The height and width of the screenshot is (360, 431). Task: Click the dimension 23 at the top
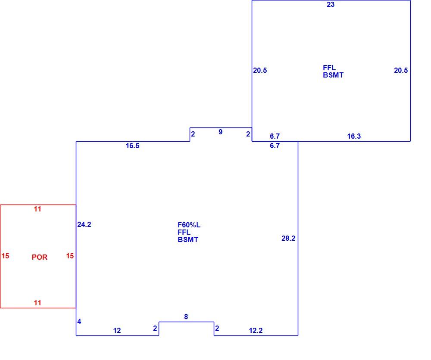click(x=331, y=4)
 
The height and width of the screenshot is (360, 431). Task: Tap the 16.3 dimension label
click(x=354, y=136)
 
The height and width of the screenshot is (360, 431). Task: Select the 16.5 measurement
click(x=132, y=146)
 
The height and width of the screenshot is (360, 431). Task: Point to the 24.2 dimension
click(x=84, y=225)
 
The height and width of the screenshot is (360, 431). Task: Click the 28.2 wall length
click(x=288, y=239)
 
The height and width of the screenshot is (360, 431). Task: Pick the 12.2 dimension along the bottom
click(x=256, y=330)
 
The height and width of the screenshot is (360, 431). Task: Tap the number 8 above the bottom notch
click(x=186, y=317)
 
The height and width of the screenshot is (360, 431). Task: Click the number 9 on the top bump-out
click(x=220, y=132)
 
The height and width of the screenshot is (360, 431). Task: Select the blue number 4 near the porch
click(x=79, y=322)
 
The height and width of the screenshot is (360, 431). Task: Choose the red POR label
click(x=40, y=257)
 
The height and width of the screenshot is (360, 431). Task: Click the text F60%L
click(x=189, y=225)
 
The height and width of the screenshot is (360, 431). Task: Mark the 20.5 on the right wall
click(x=401, y=71)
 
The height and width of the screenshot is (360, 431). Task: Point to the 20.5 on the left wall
click(x=260, y=71)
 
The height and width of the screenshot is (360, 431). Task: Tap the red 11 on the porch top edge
click(x=37, y=209)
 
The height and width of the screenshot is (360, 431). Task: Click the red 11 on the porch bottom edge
click(x=37, y=303)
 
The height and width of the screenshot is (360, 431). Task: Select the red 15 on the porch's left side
click(x=5, y=256)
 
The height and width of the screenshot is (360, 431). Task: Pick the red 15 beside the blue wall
click(x=70, y=256)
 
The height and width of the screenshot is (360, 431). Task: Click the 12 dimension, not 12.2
click(x=117, y=330)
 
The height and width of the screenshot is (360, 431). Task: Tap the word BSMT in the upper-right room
click(x=333, y=75)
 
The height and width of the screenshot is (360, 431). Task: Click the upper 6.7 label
click(x=275, y=136)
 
